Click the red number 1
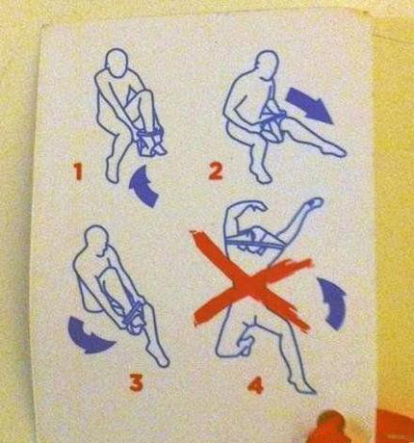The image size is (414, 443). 78,171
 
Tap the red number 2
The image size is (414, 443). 215,171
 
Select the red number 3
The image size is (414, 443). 136,382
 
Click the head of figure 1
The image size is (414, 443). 116,63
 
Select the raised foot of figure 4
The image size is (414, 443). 314,203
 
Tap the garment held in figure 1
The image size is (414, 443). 150,143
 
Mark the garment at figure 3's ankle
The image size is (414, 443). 133,316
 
